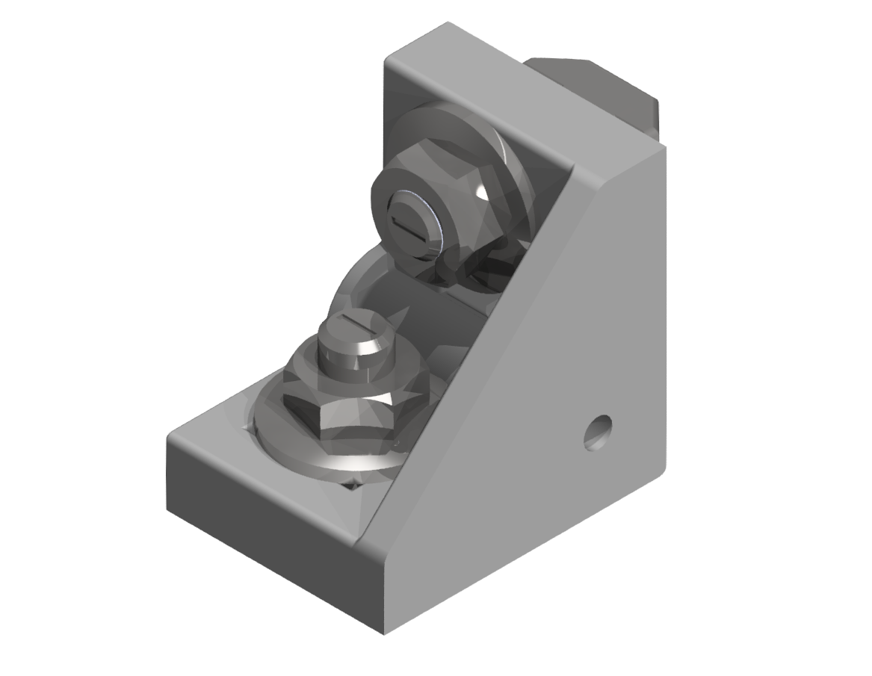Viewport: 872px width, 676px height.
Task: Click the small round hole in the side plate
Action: [598, 431]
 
